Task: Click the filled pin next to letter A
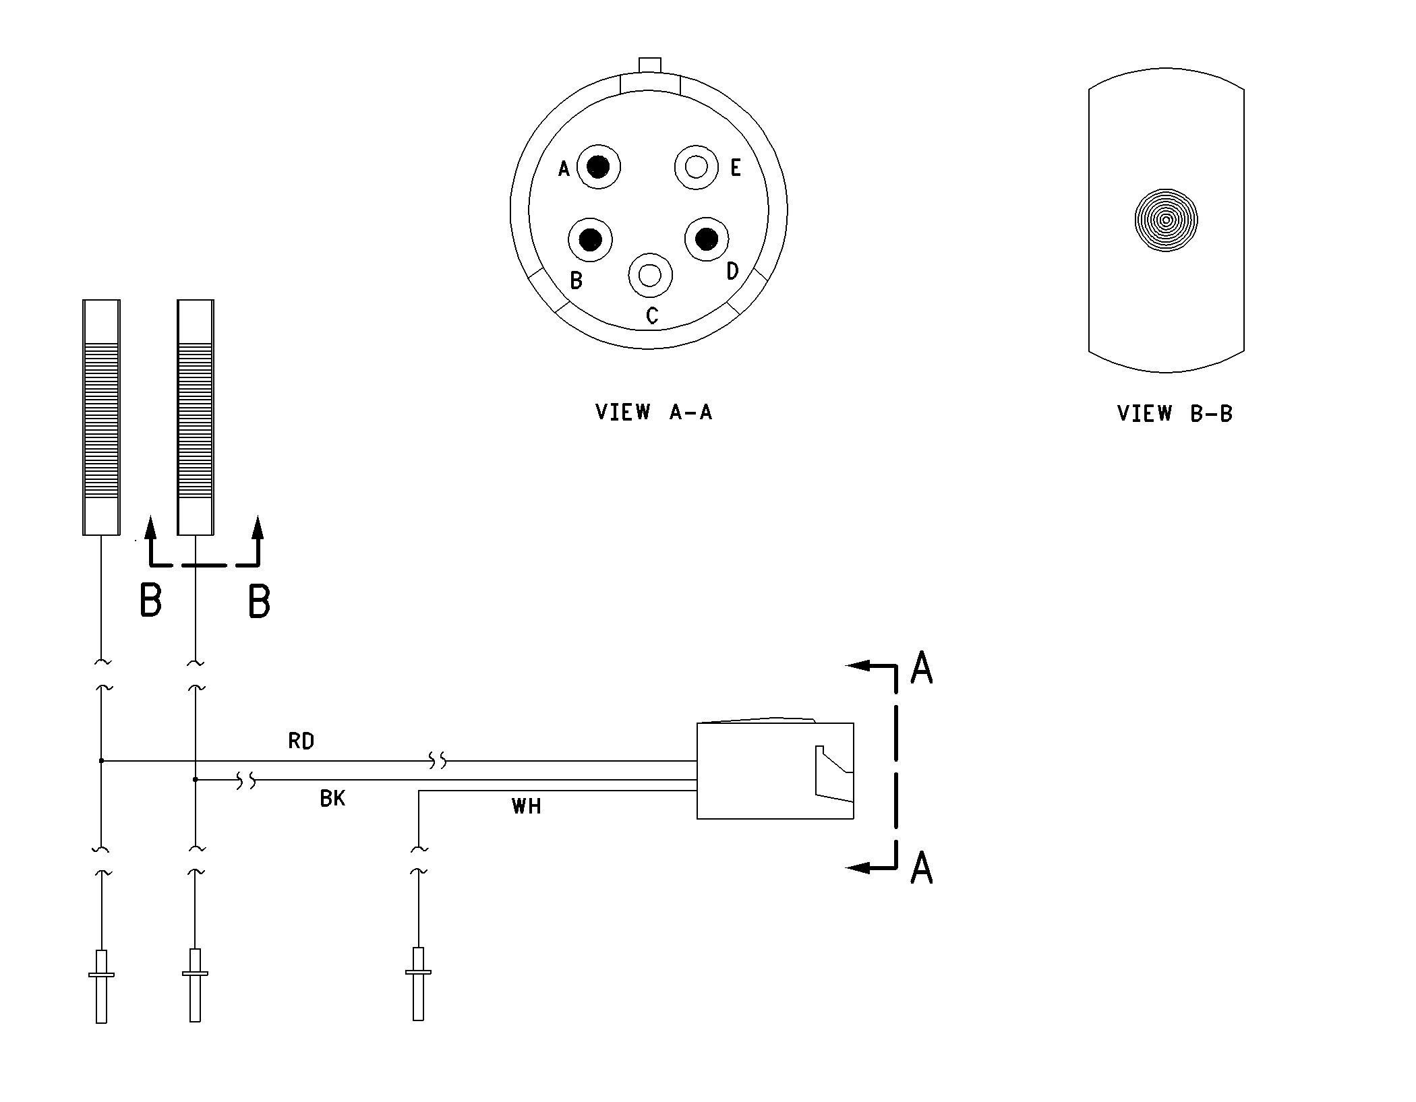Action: point(598,166)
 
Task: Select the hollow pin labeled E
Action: point(696,166)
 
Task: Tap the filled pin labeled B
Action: point(591,239)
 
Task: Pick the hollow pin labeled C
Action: point(650,275)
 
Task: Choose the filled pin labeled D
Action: point(707,239)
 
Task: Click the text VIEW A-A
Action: point(653,412)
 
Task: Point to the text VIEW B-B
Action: point(1175,413)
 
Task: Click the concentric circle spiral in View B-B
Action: point(1166,220)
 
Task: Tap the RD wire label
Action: point(301,741)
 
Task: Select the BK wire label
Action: point(332,799)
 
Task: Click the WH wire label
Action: point(526,806)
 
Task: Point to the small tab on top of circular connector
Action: point(650,65)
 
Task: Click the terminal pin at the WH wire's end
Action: point(418,984)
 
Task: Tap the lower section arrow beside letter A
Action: point(871,856)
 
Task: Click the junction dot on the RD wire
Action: point(101,761)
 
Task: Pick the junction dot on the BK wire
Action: point(196,780)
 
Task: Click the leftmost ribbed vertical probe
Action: point(101,417)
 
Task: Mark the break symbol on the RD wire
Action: point(438,762)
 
